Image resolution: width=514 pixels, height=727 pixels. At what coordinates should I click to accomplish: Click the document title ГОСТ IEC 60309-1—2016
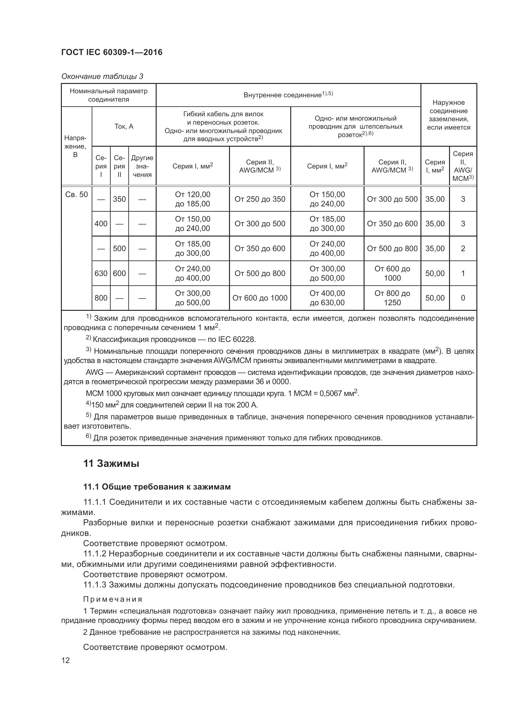pyautogui.click(x=112, y=52)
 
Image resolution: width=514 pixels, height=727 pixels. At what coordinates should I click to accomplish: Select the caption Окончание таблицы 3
pyautogui.click(x=102, y=76)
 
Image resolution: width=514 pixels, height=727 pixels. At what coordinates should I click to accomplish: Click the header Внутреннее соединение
pyautogui.click(x=288, y=95)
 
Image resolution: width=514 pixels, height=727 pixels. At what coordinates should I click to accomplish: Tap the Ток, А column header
pyautogui.click(x=124, y=126)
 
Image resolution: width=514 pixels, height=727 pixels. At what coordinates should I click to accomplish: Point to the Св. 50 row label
pyautogui.click(x=76, y=194)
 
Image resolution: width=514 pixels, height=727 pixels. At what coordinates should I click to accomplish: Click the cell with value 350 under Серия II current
pyautogui.click(x=119, y=199)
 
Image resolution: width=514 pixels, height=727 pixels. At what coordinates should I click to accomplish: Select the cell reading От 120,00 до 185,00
pyautogui.click(x=192, y=199)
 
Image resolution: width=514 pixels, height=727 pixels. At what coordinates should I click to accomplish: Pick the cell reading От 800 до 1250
pyautogui.click(x=392, y=298)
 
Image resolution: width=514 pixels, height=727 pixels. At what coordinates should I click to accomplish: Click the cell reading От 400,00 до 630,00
pyautogui.click(x=327, y=298)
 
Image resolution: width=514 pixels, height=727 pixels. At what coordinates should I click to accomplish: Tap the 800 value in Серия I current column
pyautogui.click(x=101, y=298)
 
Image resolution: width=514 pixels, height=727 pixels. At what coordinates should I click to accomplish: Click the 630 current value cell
pyautogui.click(x=101, y=273)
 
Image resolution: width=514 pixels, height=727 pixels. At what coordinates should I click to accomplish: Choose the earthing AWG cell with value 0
pyautogui.click(x=463, y=298)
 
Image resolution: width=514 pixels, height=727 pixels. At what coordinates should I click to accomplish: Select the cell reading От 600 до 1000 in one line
pyautogui.click(x=260, y=298)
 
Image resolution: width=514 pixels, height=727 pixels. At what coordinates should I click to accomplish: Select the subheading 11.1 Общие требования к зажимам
pyautogui.click(x=157, y=487)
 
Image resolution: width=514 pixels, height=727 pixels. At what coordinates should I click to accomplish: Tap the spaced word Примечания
pyautogui.click(x=113, y=599)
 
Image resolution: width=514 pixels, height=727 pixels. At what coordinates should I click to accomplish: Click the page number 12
pyautogui.click(x=66, y=660)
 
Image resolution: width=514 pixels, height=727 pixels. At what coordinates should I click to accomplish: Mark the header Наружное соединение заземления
pyautogui.click(x=448, y=115)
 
